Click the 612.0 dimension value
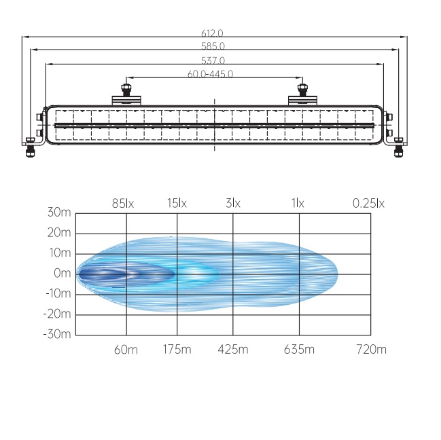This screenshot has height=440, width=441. click(212, 33)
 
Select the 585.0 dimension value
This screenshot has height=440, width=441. click(213, 46)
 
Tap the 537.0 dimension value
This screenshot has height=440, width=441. click(213, 60)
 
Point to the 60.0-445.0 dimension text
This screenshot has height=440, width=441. click(211, 74)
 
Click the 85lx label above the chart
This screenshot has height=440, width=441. click(123, 203)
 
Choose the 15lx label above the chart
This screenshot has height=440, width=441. click(177, 203)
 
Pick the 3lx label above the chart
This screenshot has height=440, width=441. click(233, 203)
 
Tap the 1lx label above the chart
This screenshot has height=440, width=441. click(298, 203)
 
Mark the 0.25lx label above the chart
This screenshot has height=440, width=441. click(368, 203)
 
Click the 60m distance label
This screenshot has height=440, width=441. click(126, 350)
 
